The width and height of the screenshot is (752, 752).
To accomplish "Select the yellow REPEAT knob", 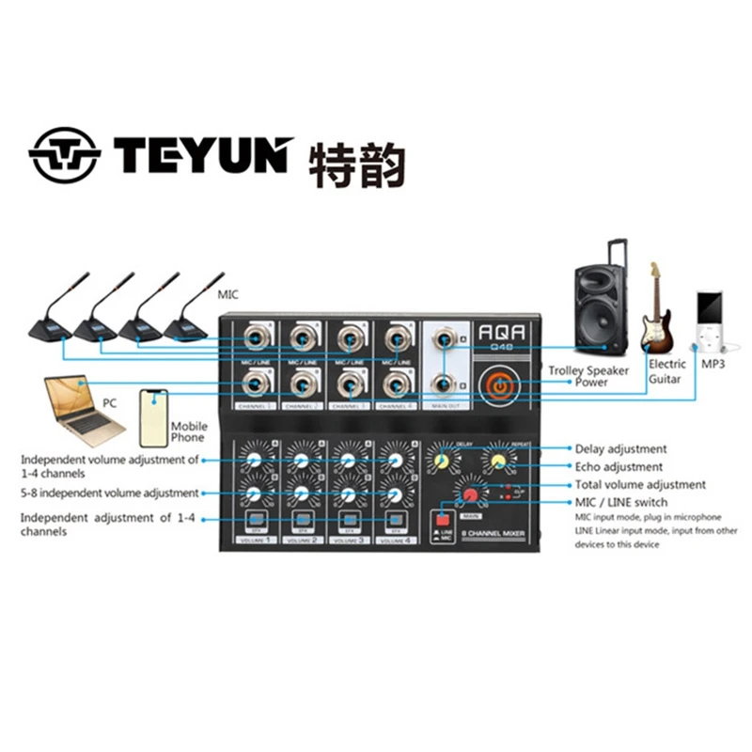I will pos(495,460).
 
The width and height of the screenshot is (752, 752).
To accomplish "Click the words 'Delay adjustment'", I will pos(620,449).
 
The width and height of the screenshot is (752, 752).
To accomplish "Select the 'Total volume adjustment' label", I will pos(639,485).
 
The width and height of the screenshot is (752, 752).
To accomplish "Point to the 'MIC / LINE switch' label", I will pos(621,503).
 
